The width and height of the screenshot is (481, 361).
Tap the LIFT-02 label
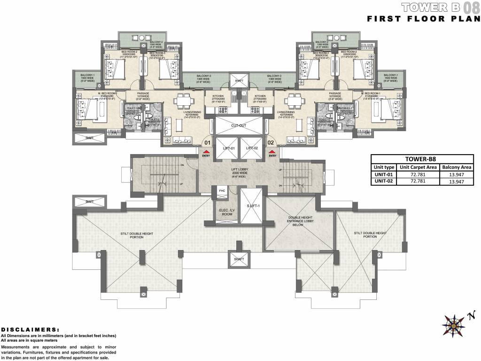(252, 148)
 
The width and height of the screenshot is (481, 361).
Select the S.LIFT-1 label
(250, 206)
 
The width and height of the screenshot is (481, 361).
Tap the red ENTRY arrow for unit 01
(206, 151)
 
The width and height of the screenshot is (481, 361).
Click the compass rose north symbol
(454, 324)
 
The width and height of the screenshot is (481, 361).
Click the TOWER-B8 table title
(422, 159)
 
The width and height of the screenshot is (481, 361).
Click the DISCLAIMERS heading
(30, 330)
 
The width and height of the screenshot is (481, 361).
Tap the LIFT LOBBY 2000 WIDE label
(240, 173)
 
